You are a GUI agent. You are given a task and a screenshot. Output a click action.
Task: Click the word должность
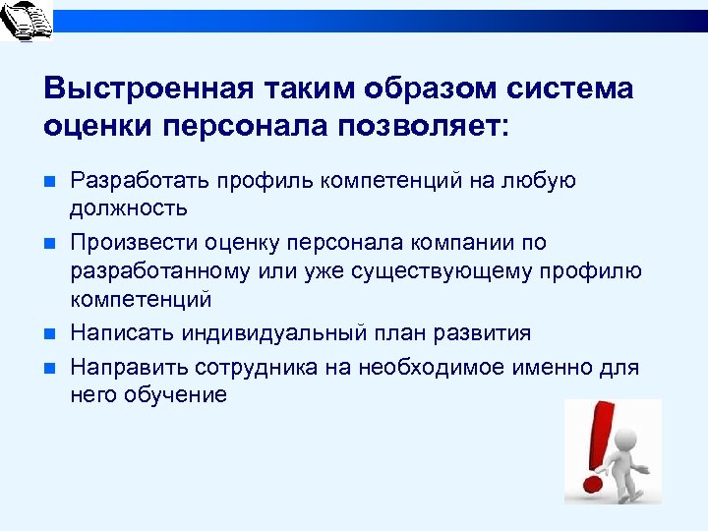tap(128, 208)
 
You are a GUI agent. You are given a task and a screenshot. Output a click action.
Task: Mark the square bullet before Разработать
tap(50, 182)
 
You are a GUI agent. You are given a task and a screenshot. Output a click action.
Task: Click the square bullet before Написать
tap(50, 333)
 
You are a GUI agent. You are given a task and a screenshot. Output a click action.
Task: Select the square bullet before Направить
tap(50, 369)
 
